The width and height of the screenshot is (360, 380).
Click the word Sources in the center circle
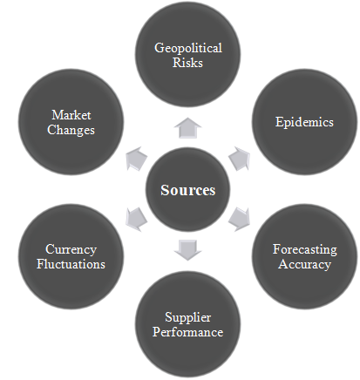pos(188,190)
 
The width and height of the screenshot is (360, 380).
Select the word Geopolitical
pos(188,48)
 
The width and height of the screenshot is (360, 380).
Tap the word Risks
pos(187,63)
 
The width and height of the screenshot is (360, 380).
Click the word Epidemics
pos(304,122)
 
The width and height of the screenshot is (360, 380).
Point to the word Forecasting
pos(305,249)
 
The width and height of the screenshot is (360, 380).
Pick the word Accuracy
pos(304,264)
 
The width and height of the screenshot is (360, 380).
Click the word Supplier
pos(188,317)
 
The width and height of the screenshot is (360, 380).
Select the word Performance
pos(188,332)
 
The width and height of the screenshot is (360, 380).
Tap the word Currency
pos(71,249)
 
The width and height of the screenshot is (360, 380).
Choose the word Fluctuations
pos(71,264)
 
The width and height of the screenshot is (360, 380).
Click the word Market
pos(71,115)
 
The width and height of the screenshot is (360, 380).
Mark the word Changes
pos(71,130)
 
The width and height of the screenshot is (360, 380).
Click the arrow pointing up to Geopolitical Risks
pos(187,128)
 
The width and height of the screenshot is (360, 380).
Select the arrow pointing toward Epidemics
pos(240,159)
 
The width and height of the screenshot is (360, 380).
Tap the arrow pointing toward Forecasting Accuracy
pos(240,219)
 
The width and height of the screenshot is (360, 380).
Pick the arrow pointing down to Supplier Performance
pos(187,250)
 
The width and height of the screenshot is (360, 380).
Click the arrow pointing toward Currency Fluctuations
pos(136,220)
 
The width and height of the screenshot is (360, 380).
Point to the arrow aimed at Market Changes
pos(137,159)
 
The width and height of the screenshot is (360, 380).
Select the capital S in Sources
pos(165,190)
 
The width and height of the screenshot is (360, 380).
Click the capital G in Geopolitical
pos(159,48)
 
